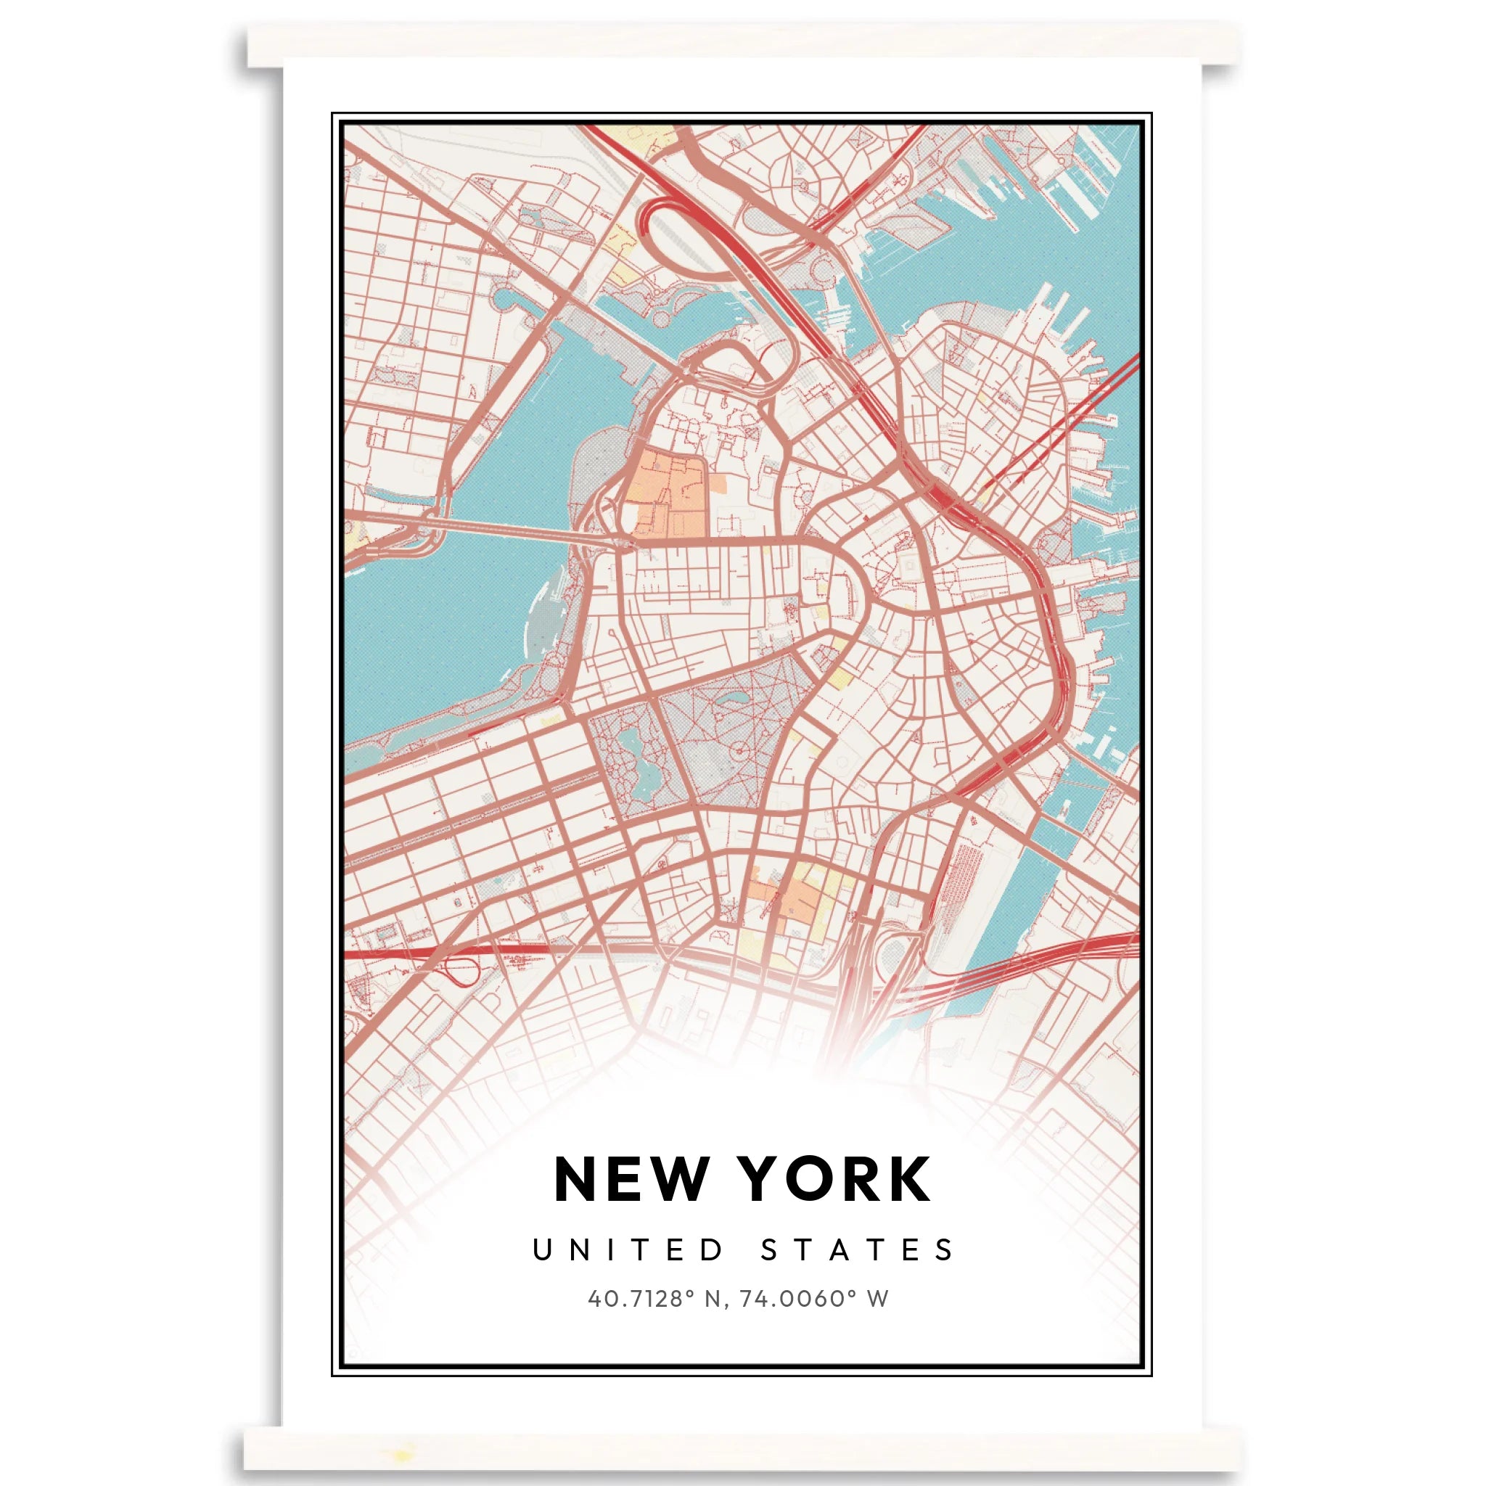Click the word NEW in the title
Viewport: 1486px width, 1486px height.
(631, 1179)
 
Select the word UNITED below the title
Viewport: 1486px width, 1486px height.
(628, 1250)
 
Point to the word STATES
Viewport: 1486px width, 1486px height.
(858, 1250)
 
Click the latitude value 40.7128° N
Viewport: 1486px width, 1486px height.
(654, 1299)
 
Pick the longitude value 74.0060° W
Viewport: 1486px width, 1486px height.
(814, 1299)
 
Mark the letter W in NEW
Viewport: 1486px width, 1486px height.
(675, 1179)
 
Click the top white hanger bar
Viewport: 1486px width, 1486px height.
(742, 44)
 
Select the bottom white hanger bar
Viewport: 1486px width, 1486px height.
(742, 1450)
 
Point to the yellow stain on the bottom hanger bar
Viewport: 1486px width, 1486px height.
(401, 1453)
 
